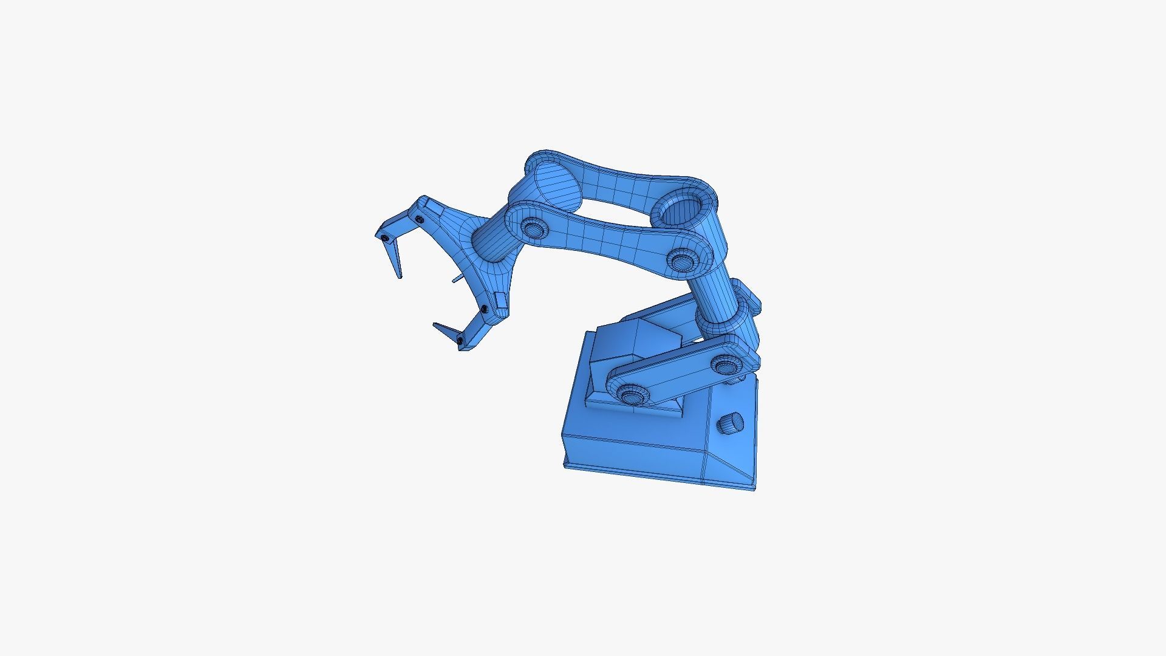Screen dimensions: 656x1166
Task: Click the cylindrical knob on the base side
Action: [x=731, y=423]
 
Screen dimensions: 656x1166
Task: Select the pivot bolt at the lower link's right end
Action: [x=724, y=366]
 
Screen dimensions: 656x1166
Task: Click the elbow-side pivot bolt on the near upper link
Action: [x=682, y=261]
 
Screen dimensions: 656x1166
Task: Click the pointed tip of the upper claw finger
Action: [x=399, y=277]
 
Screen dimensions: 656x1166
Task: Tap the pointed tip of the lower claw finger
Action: [x=435, y=326]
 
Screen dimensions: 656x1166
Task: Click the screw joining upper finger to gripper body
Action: [x=419, y=217]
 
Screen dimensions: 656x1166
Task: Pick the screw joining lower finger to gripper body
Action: [x=484, y=310]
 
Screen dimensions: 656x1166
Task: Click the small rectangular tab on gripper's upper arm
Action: [x=432, y=210]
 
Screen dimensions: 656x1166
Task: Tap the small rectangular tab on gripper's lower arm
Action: [x=500, y=300]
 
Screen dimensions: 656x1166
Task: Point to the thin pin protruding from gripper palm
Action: [x=457, y=279]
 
